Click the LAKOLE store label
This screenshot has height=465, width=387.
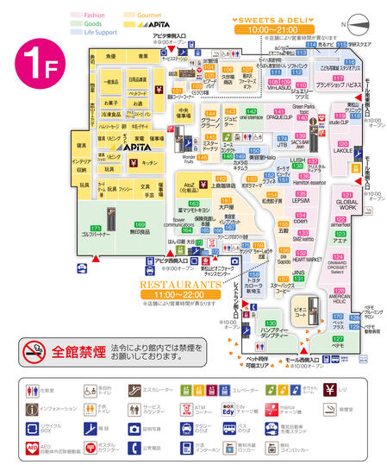click(342, 150)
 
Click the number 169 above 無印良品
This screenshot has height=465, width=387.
click(140, 225)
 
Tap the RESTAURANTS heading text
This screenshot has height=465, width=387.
click(182, 282)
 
